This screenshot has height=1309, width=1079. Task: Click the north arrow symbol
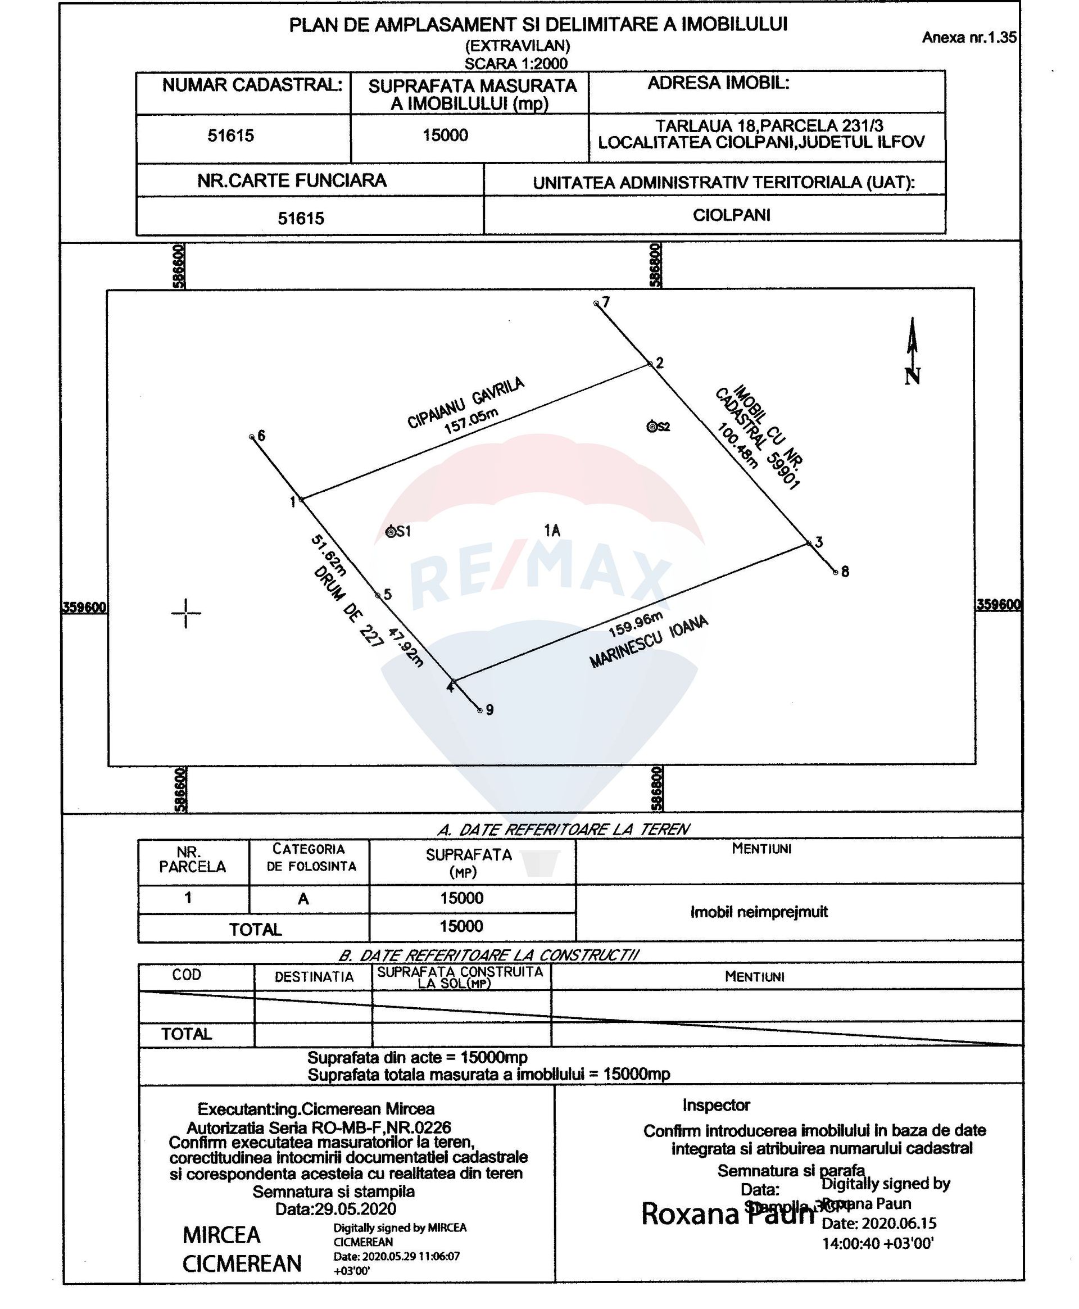point(911,352)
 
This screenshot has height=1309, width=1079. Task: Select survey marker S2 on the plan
point(652,427)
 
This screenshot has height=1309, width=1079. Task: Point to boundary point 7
point(597,304)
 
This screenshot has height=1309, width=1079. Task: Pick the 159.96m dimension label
point(635,624)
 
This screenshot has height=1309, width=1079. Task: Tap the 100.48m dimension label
point(737,445)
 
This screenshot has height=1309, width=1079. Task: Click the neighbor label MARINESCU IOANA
point(649,642)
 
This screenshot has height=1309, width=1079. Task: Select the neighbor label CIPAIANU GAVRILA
point(465,402)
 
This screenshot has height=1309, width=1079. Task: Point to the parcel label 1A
point(552,530)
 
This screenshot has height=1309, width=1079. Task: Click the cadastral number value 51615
point(230,135)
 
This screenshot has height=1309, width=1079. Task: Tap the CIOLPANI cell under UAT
point(731,215)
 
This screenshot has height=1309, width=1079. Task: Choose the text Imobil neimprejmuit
point(759,912)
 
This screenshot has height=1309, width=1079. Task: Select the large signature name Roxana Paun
point(727,1231)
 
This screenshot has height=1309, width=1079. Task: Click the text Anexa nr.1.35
point(968,37)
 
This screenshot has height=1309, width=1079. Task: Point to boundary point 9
point(480,710)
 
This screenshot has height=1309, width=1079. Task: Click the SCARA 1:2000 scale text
point(516,64)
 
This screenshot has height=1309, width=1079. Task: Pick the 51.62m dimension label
point(328,555)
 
